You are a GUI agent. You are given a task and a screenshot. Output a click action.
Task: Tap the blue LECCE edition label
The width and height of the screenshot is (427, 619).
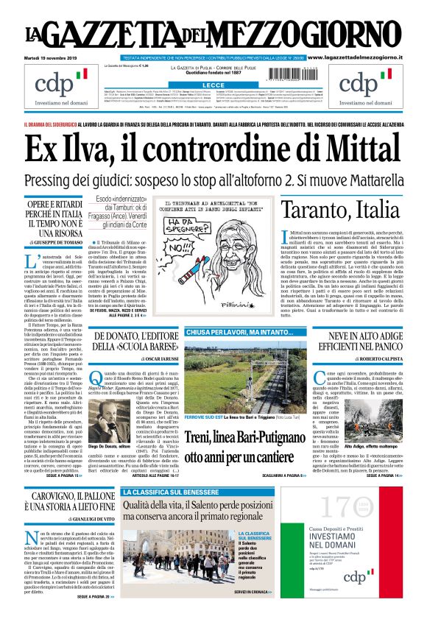pos(213,86)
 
